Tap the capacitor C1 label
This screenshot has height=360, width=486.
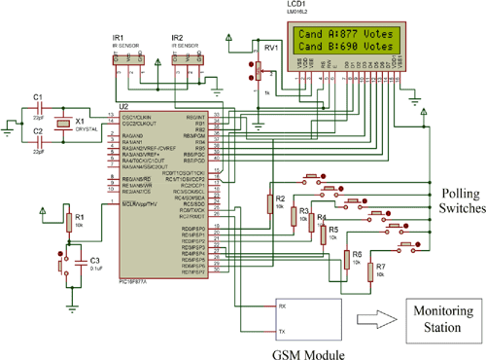pos(37,97)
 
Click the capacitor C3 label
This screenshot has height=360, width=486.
pos(93,260)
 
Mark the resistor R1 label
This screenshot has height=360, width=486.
pos(80,216)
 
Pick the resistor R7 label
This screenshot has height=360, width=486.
pos(380,266)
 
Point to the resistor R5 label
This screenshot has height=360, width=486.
pos(333,229)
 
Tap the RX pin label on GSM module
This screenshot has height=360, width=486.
pos(282,305)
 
